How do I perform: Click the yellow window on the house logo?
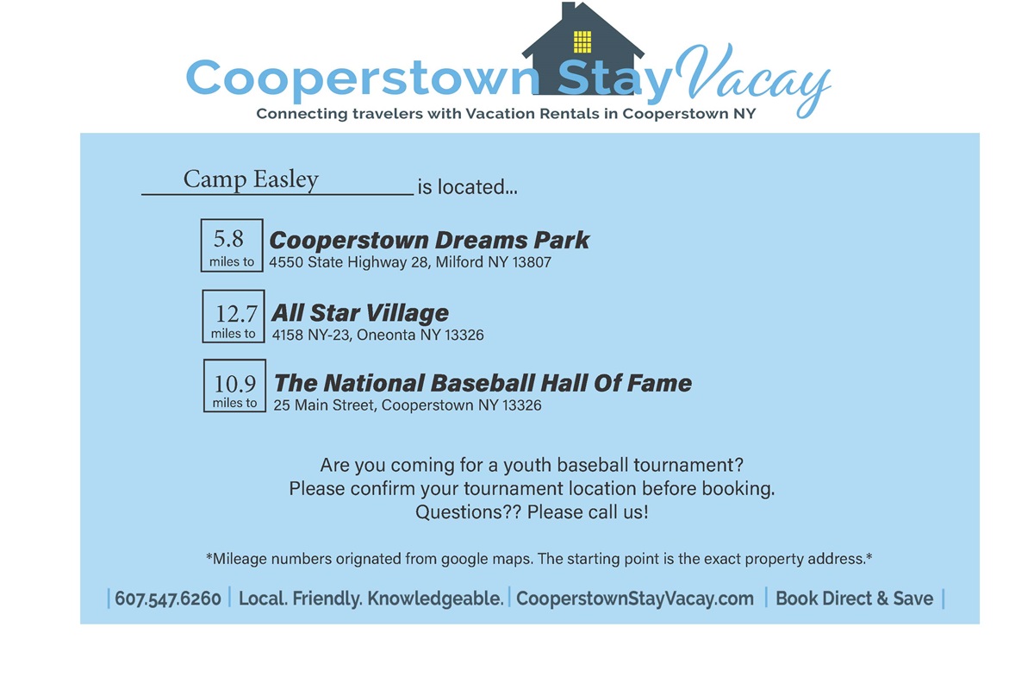coord(582,42)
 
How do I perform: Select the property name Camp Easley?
coord(251,179)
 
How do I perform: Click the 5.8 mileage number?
coord(228,239)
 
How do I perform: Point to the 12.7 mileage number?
coord(236,314)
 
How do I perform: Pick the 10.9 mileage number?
coord(234,384)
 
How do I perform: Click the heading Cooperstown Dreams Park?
coord(429,241)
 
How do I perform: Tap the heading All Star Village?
coord(360,313)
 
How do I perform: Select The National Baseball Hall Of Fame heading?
coord(483,383)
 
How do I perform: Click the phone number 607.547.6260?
coord(168,599)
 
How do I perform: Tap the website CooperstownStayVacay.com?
coord(635,599)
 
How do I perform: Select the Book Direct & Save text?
coord(855,599)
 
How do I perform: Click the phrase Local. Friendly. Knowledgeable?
coord(371,599)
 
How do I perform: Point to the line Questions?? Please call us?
coord(532,512)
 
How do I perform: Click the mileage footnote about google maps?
coord(539,559)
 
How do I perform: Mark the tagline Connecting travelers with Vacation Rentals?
coord(506,114)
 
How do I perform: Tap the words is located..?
coord(467,187)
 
